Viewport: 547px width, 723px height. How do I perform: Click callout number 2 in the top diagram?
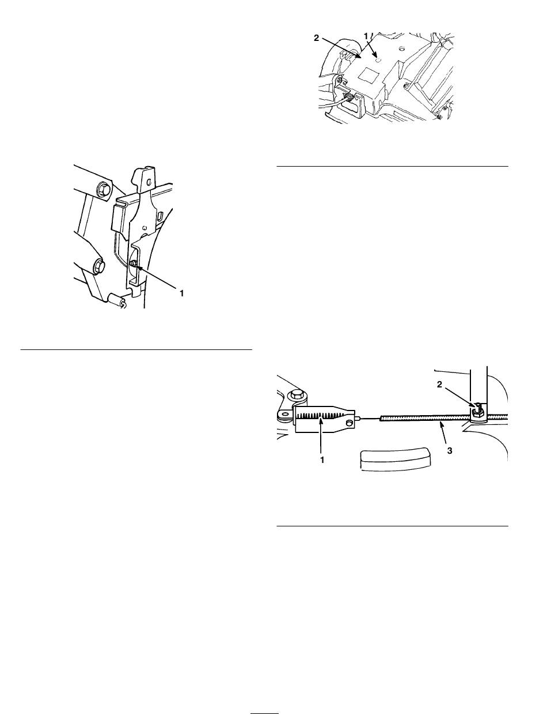(x=317, y=38)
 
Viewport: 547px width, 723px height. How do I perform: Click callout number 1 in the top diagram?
(x=366, y=36)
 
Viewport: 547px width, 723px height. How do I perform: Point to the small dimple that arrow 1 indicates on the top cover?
(x=378, y=59)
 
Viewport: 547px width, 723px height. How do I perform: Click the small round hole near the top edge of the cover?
(x=401, y=49)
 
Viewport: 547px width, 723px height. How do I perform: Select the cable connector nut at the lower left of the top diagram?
(x=349, y=97)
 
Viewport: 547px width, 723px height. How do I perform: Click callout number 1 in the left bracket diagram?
(x=181, y=292)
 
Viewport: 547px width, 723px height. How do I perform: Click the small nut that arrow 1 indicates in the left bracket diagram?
(x=133, y=263)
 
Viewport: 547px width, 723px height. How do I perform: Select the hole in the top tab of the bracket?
(x=149, y=182)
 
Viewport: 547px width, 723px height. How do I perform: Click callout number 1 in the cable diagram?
(x=322, y=460)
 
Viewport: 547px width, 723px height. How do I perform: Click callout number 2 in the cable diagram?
(x=439, y=385)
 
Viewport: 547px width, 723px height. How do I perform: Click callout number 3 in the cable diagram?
(x=450, y=451)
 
